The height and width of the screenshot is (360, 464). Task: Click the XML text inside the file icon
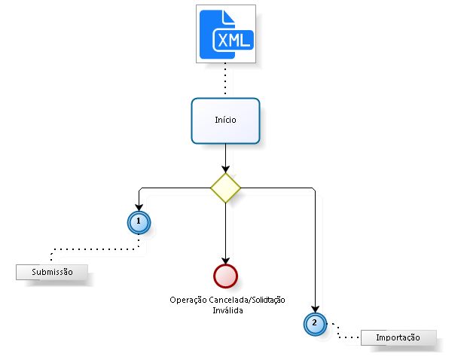tap(234, 40)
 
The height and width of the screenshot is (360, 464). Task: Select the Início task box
tap(225, 121)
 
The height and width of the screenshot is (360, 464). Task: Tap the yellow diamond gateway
tap(225, 188)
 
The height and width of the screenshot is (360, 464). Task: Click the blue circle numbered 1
tap(139, 221)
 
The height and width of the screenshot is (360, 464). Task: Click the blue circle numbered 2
tap(315, 323)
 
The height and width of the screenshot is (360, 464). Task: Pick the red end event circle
tap(225, 276)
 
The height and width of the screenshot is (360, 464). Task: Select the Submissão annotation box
tap(52, 272)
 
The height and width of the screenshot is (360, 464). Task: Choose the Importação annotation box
tap(398, 337)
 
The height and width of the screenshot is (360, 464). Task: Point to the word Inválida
tap(227, 310)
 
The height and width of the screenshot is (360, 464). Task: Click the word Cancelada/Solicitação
tap(248, 301)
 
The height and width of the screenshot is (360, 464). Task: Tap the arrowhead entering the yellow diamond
tap(225, 169)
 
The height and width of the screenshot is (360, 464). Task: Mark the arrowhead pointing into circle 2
tap(315, 308)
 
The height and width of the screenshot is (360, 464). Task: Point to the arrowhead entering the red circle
tap(225, 261)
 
